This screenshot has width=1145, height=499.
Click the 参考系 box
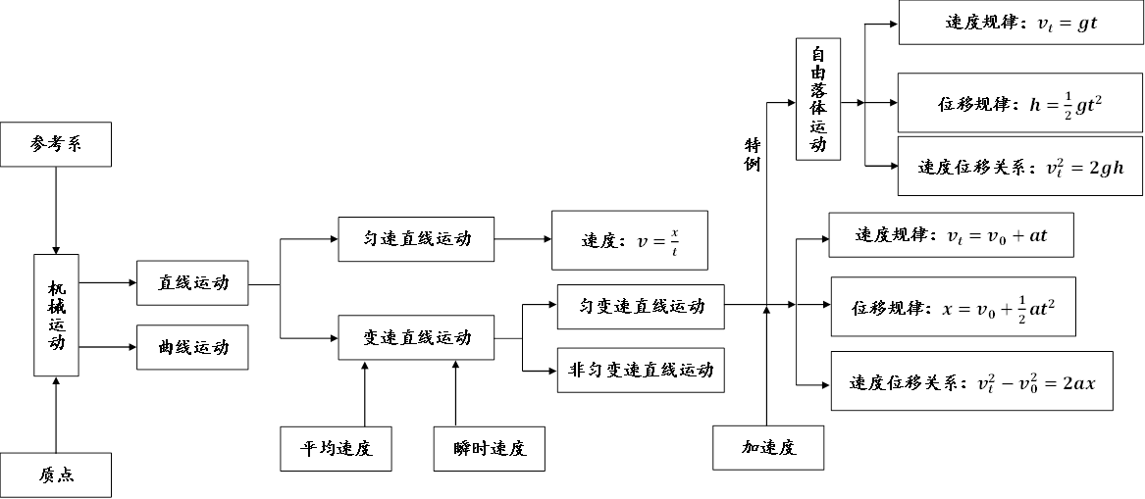56,144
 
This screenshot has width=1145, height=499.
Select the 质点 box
56,474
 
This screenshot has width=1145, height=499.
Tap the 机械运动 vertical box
56,315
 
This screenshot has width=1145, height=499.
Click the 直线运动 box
192,283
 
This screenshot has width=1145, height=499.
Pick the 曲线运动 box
192,347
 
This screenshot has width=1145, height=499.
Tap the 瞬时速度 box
491,449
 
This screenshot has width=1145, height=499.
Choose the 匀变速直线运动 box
641,307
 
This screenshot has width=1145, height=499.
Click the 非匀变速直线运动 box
641,371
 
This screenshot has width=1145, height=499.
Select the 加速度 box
767,449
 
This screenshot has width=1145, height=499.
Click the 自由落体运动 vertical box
819,102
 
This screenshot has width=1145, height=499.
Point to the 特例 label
752,155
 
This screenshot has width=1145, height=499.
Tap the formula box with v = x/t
629,240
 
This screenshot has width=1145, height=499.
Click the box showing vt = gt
1020,23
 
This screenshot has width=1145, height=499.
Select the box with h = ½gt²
1020,103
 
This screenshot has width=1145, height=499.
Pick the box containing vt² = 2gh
1020,167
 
